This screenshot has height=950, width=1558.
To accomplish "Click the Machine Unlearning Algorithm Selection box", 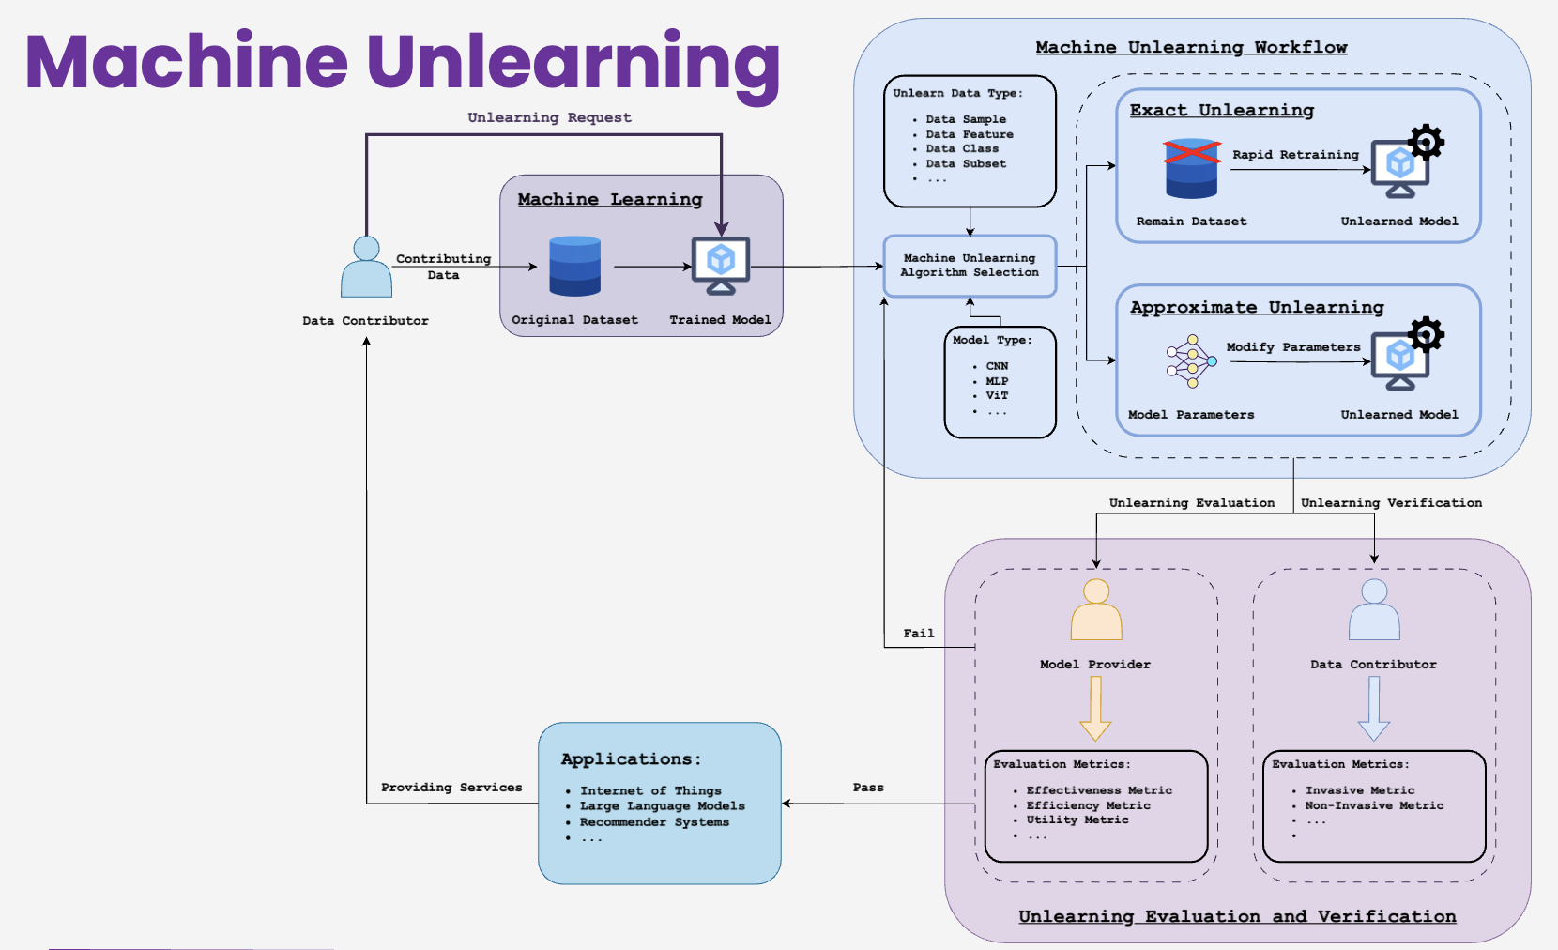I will tap(970, 266).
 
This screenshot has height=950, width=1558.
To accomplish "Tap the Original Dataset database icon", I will tap(574, 267).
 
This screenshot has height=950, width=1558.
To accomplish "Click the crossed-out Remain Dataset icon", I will tap(1191, 169).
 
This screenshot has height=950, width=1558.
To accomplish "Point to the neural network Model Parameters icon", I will tap(1190, 361).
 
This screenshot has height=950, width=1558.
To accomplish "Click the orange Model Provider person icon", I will tap(1096, 609).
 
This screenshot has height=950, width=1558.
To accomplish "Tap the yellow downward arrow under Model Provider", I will tap(1095, 709).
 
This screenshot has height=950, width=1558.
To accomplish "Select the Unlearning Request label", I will tap(549, 117).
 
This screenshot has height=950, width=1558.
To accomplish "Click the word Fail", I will tap(918, 634).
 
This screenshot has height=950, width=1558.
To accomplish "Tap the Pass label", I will tap(868, 788).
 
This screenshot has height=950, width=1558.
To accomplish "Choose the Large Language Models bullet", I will tap(662, 806).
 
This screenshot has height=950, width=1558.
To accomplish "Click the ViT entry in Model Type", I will tap(997, 396).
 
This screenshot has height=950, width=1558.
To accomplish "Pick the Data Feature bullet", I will tap(969, 134).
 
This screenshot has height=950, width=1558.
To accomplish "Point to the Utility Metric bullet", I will tap(1077, 820).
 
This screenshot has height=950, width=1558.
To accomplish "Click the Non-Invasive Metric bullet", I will tap(1374, 805).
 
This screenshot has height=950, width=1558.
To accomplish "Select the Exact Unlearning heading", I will tap(1221, 110).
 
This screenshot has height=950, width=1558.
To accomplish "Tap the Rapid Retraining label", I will tap(1295, 155).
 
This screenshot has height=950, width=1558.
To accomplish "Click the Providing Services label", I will tap(451, 788).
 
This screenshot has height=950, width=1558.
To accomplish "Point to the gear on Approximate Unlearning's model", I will tap(1426, 334).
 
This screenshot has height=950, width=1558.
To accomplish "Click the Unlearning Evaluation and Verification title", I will tap(1237, 916).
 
